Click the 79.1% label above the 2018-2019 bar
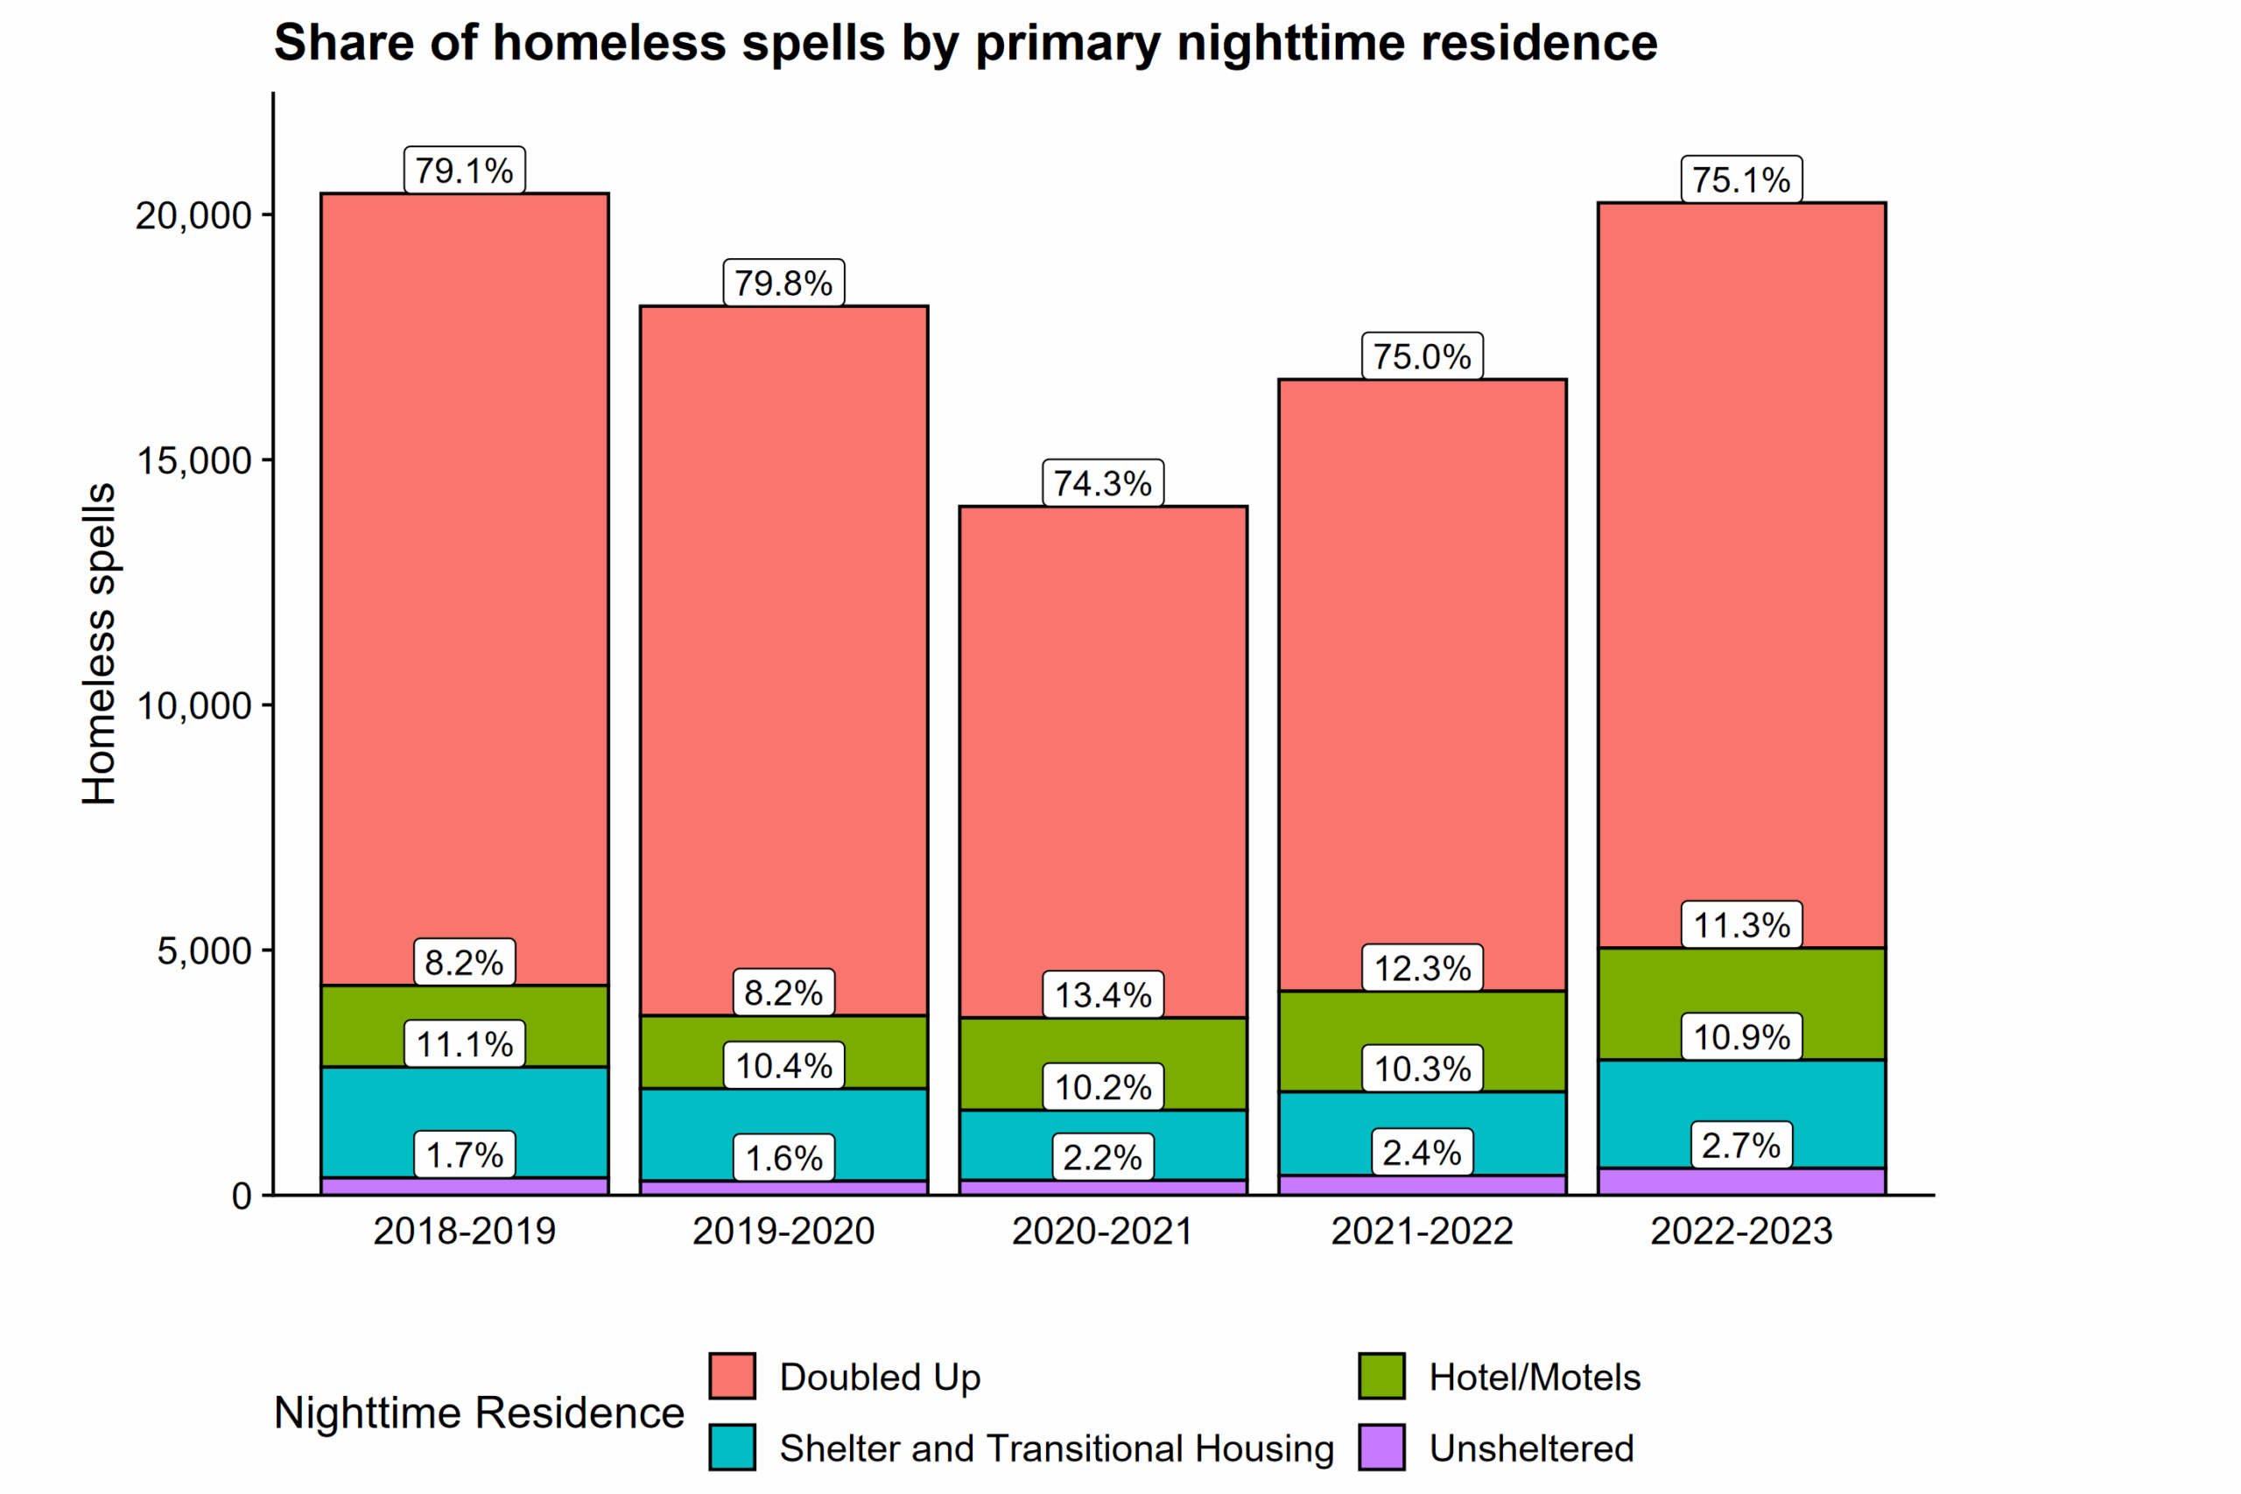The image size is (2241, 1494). tap(464, 171)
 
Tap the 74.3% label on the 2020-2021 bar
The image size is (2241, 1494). tap(1102, 483)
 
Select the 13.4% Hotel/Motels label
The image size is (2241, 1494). tap(1102, 995)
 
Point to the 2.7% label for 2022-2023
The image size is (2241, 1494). tap(1741, 1146)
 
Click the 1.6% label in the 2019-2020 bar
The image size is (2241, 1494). tap(783, 1158)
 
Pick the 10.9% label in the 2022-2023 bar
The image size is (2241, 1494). tap(1741, 1036)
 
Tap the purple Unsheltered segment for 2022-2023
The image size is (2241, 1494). tap(1741, 1182)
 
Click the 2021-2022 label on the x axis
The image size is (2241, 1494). tap(1422, 1231)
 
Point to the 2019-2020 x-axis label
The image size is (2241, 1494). tap(783, 1231)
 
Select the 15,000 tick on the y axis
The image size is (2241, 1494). tap(193, 460)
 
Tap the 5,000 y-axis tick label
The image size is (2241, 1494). tap(204, 950)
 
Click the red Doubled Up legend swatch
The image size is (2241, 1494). tap(732, 1376)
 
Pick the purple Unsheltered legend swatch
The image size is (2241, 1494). tap(1380, 1448)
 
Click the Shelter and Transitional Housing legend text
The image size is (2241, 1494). tap(1056, 1448)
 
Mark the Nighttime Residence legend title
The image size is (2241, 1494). tap(478, 1412)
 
